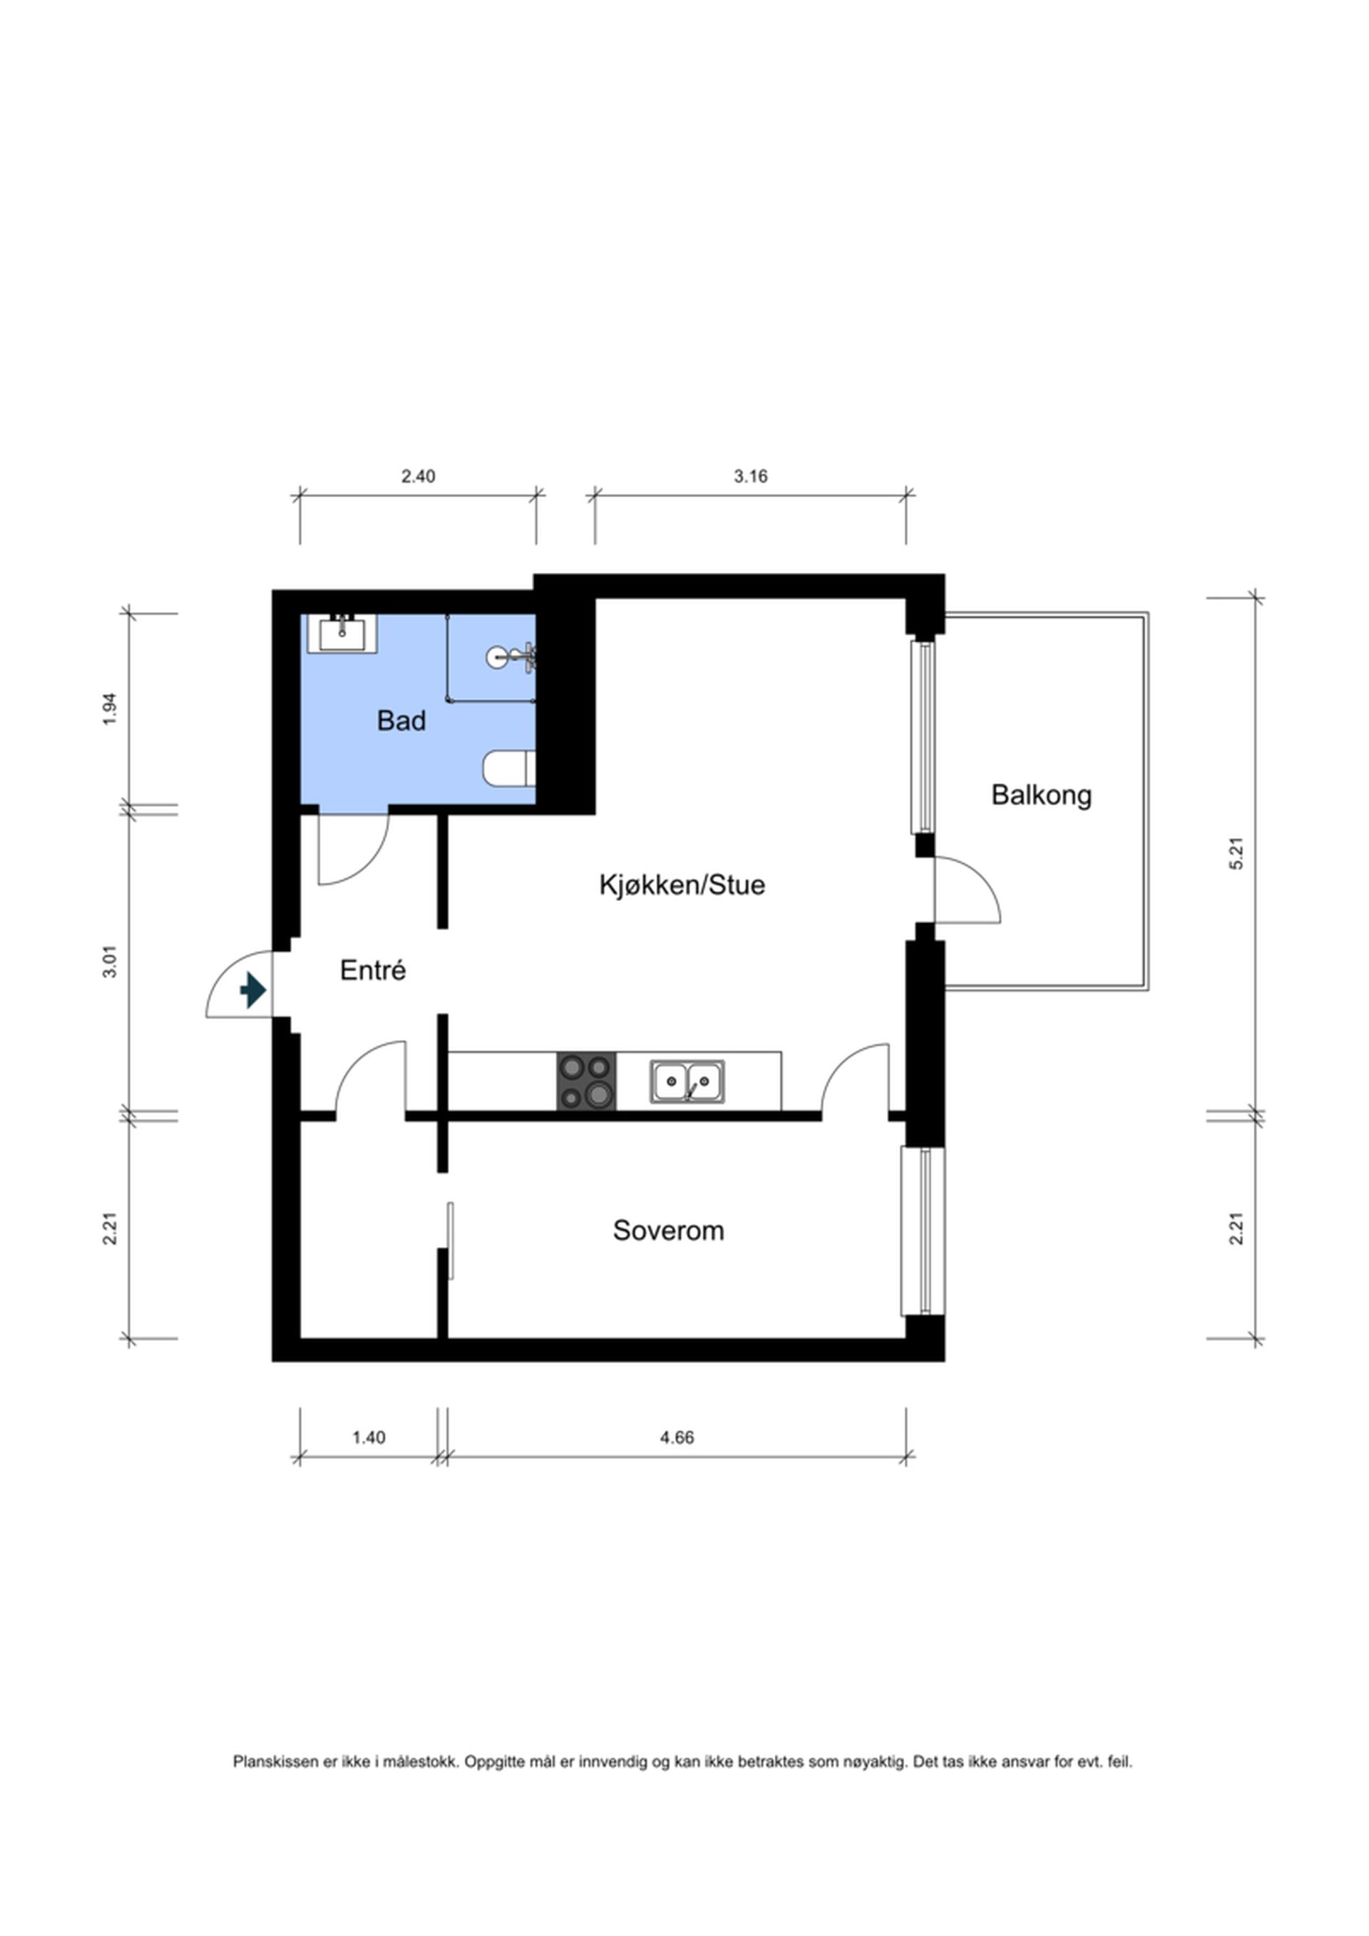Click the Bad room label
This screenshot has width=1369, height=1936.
point(401,721)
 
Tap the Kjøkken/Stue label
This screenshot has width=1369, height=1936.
point(682,885)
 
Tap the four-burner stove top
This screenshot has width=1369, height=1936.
point(586,1081)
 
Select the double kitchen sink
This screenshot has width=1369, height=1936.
point(687,1082)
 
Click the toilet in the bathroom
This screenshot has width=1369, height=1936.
point(509,768)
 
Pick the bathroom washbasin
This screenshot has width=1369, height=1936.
point(342,633)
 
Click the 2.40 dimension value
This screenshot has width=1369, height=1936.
point(418,477)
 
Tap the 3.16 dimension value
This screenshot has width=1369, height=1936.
point(750,477)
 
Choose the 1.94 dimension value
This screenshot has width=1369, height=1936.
point(110,709)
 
